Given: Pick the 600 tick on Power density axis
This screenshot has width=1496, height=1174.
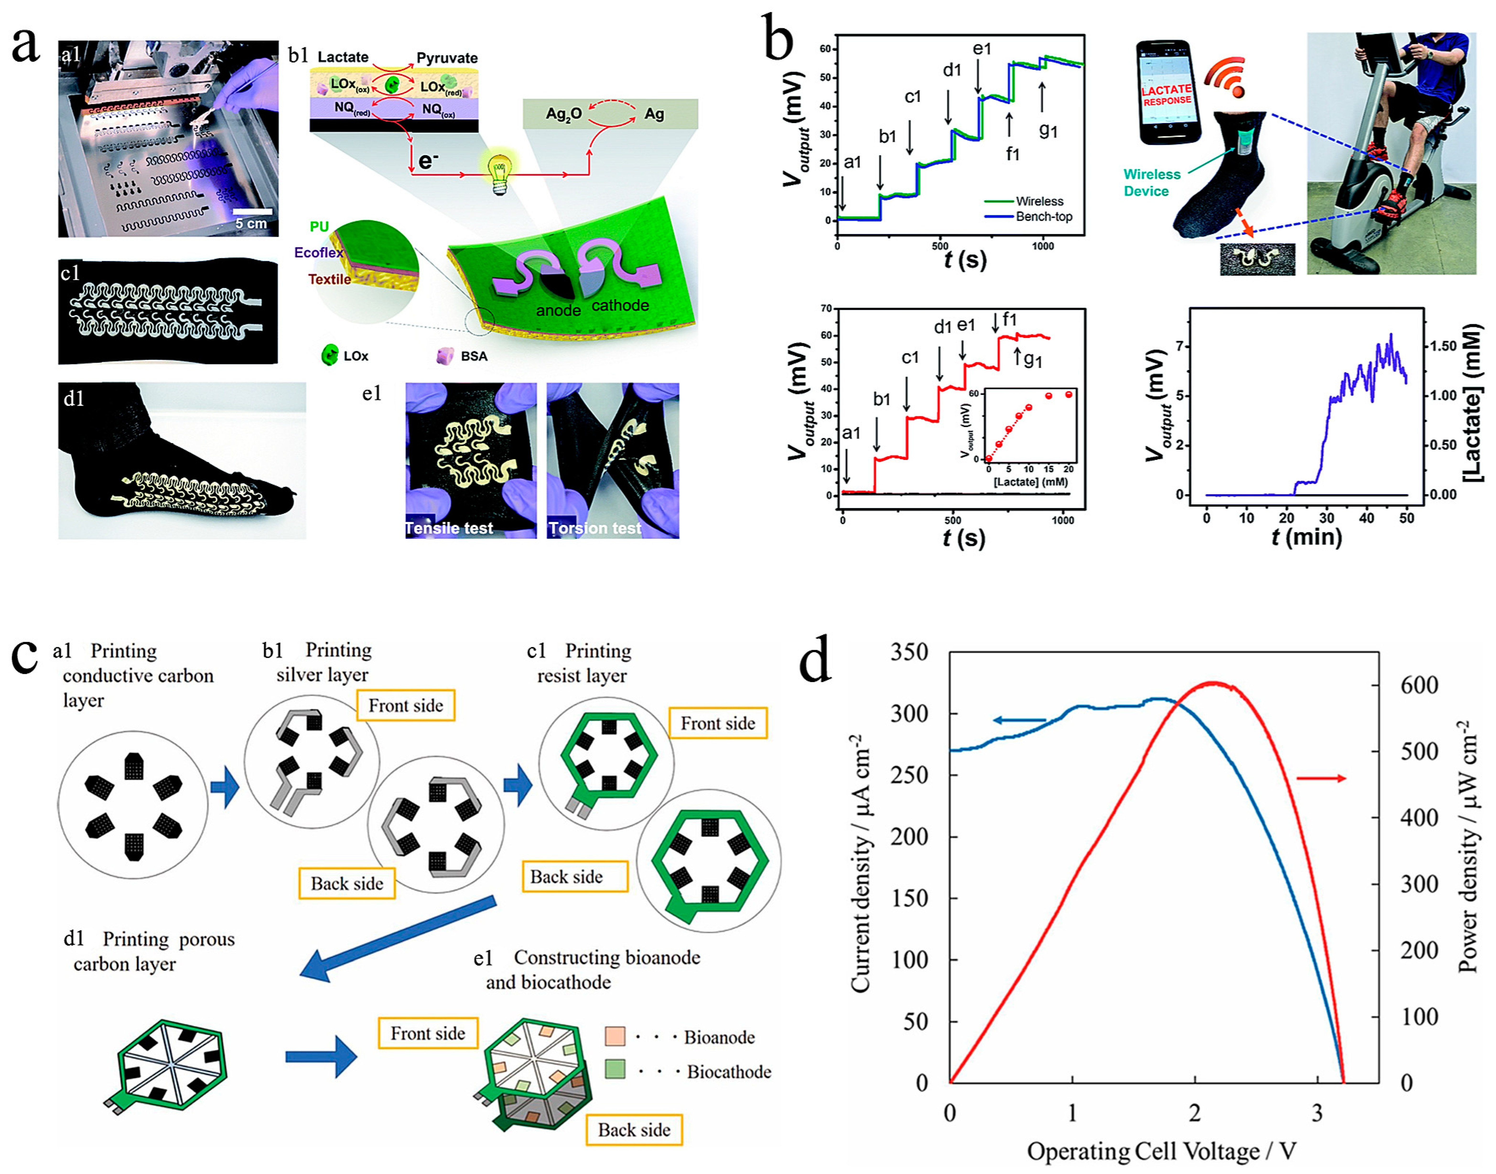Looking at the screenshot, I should [x=1419, y=685].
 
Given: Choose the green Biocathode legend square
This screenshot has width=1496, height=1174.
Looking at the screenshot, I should [x=615, y=1070].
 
